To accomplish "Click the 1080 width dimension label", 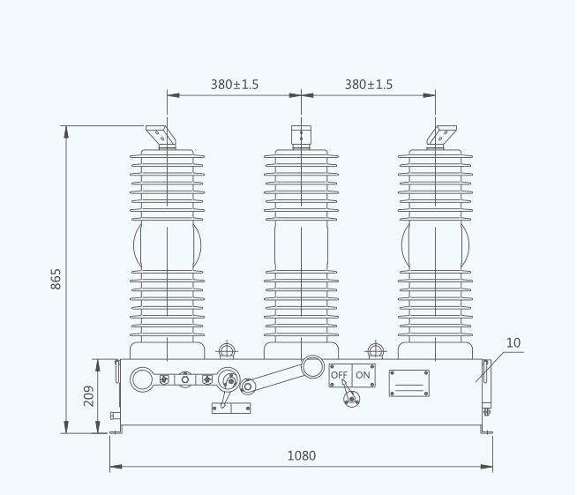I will click(301, 456).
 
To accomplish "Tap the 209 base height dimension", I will click(89, 396).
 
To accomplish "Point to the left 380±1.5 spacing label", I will click(234, 85).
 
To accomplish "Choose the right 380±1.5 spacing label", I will click(368, 85).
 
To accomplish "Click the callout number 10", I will click(513, 342).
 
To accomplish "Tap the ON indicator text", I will click(363, 375).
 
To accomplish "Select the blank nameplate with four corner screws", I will click(409, 383).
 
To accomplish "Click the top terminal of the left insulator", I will click(161, 136).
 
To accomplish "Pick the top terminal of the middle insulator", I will click(301, 136).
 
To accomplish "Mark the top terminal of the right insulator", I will click(441, 135).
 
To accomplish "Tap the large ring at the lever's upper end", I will click(312, 365).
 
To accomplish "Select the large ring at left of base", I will click(142, 380).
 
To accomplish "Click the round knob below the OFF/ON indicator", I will click(351, 399).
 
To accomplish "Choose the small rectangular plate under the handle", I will click(230, 408).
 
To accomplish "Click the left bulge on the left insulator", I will click(137, 242).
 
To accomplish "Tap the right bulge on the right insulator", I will click(467, 242).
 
